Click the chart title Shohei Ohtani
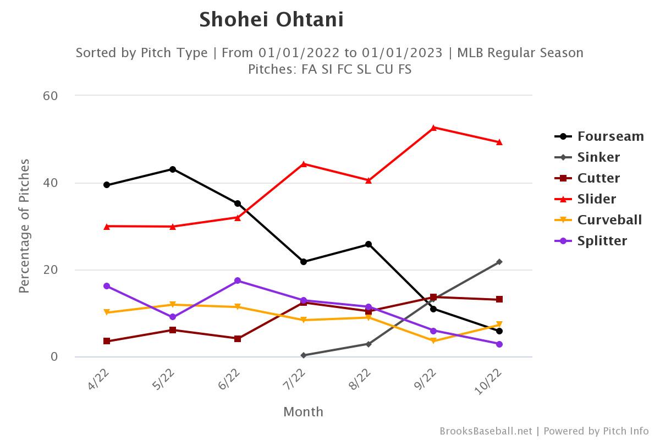(271, 20)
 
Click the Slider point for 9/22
(434, 128)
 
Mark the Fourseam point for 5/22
(173, 169)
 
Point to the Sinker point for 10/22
(499, 262)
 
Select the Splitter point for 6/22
(238, 280)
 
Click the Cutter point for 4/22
(107, 341)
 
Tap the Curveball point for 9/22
(434, 341)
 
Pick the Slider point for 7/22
(304, 164)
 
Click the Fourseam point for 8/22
(369, 244)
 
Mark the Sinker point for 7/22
(304, 355)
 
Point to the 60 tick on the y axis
(51, 96)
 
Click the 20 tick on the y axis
(51, 270)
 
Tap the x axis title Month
(303, 412)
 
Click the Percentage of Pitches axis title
(25, 226)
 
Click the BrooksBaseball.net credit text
(486, 431)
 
